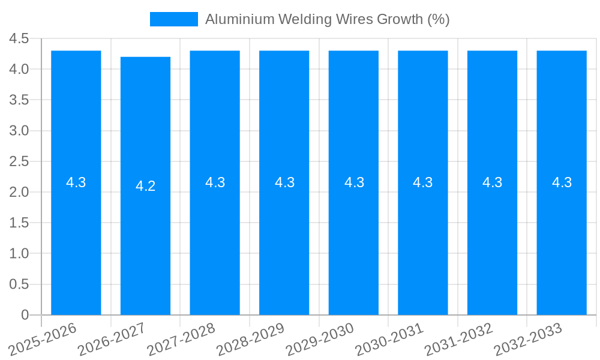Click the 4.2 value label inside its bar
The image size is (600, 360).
[145, 186]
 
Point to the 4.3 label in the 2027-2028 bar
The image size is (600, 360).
[215, 182]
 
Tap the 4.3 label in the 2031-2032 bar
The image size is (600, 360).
[492, 182]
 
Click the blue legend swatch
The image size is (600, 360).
[173, 19]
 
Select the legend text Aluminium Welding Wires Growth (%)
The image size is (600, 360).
[327, 19]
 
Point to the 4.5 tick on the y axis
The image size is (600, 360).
[19, 39]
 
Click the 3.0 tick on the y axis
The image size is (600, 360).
[19, 131]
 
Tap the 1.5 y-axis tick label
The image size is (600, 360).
[19, 223]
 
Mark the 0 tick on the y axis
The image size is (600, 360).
[25, 315]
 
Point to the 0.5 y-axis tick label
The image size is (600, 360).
[19, 284]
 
